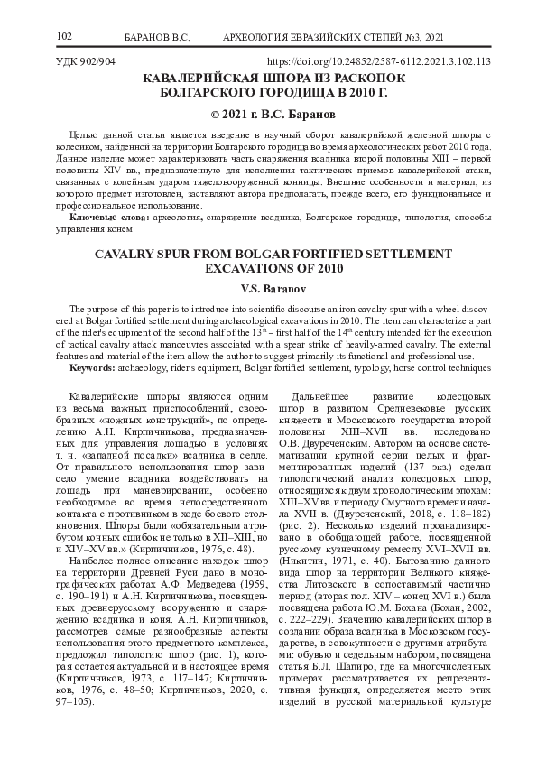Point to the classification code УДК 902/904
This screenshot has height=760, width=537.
(87, 62)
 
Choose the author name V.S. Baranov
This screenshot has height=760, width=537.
(268, 289)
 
